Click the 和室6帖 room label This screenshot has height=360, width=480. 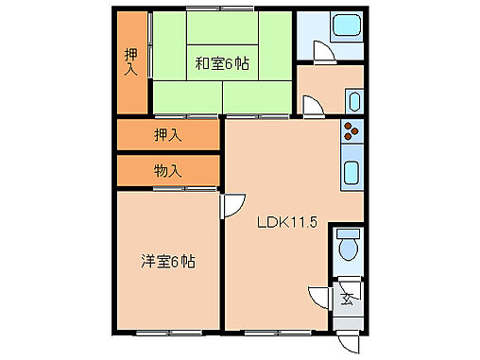point(222,64)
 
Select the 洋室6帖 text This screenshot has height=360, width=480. point(168,261)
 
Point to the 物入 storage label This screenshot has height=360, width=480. point(167,171)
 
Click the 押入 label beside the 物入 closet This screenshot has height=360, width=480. point(167,134)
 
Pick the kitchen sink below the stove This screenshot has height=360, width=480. point(351,173)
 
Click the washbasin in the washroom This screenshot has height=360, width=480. point(353,100)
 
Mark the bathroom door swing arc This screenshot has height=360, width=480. point(320,56)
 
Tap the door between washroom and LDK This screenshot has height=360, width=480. point(310,105)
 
